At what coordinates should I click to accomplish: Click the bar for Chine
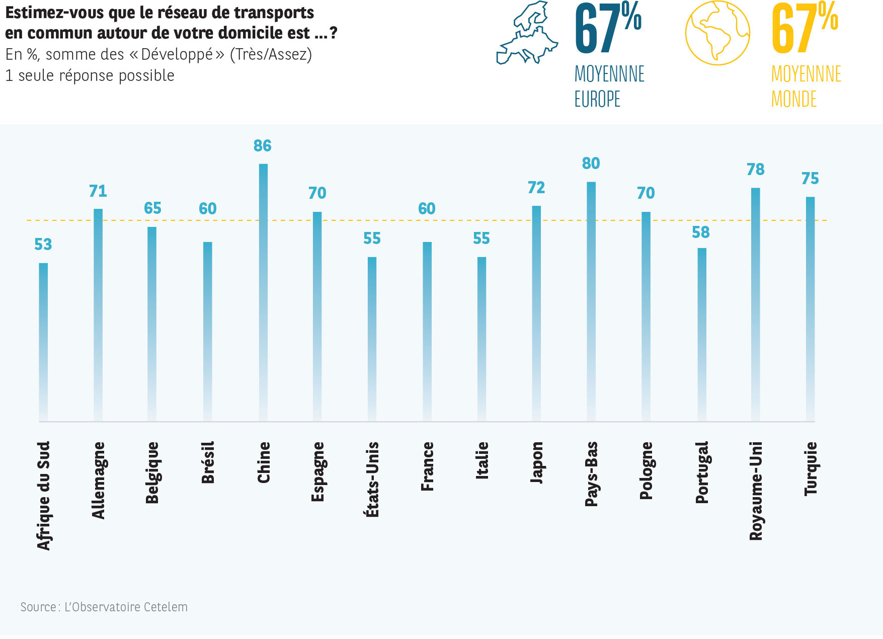[x=263, y=292]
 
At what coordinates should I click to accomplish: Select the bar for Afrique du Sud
[x=44, y=342]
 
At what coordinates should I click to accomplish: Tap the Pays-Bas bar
[x=591, y=302]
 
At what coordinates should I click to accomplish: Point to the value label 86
[x=262, y=146]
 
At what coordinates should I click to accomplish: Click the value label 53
[x=43, y=245]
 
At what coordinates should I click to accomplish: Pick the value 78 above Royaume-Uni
[x=755, y=170]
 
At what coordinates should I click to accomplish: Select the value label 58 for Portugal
[x=700, y=232]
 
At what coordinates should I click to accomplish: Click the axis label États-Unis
[x=372, y=479]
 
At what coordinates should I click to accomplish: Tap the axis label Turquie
[x=811, y=468]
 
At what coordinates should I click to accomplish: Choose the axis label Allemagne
[x=98, y=480]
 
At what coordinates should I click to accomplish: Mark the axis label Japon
[x=537, y=462]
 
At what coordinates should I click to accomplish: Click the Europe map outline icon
[x=527, y=33]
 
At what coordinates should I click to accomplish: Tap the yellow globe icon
[x=717, y=33]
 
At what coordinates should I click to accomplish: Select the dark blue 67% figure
[x=607, y=28]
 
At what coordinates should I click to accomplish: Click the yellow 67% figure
[x=804, y=28]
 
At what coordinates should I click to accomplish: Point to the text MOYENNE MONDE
[x=806, y=87]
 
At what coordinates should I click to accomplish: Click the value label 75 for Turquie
[x=810, y=179]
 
